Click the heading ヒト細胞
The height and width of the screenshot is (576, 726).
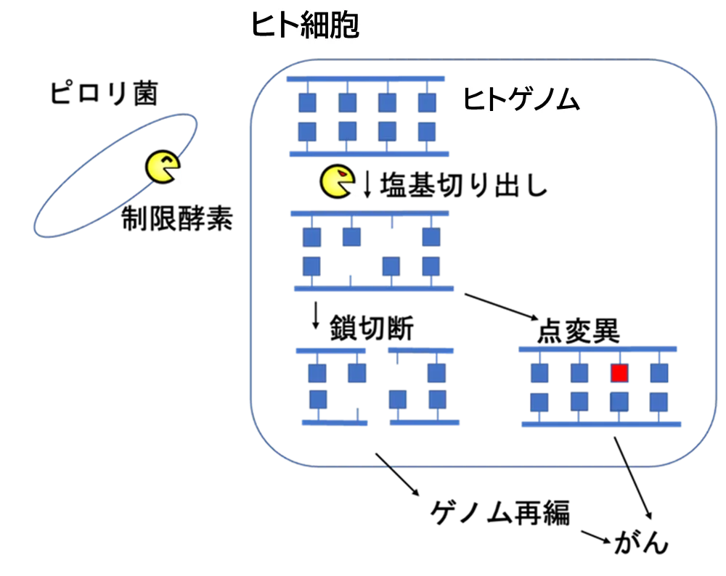[305, 25]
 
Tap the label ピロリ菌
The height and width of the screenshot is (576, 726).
[104, 93]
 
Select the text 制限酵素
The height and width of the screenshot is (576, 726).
[177, 218]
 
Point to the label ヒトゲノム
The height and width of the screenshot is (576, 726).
[521, 99]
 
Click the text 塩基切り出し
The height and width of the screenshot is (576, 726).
[463, 185]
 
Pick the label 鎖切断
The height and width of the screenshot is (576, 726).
[371, 328]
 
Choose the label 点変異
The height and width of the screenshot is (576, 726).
[579, 331]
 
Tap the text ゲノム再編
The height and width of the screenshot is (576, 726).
[500, 513]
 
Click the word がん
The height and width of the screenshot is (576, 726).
[641, 541]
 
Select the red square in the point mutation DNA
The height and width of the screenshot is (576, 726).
[619, 373]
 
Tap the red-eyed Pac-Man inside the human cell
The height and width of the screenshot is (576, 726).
[338, 181]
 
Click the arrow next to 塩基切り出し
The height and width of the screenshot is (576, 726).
[367, 184]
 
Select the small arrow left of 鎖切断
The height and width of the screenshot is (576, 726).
[316, 316]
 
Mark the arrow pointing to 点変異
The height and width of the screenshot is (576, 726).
[502, 306]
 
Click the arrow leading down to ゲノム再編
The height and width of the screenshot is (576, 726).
[397, 474]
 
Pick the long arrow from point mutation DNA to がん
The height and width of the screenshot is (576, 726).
[633, 478]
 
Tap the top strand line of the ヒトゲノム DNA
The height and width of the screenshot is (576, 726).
[366, 79]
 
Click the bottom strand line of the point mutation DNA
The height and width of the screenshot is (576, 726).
[601, 424]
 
